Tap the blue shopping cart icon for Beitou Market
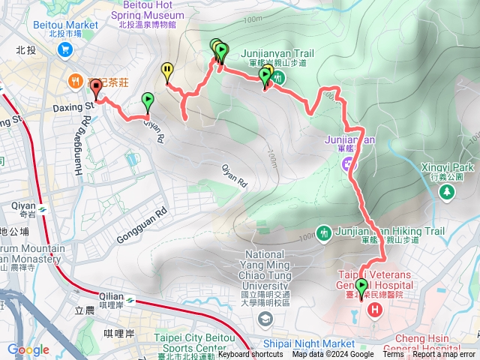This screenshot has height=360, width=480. [x=65, y=49]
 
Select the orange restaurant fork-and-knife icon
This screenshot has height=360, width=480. [x=75, y=80]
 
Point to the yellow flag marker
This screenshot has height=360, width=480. [x=166, y=71]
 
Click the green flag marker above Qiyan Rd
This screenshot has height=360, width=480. [x=148, y=100]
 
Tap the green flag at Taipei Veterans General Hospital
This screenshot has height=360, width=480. [x=362, y=286]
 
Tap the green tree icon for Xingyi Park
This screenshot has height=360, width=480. [x=448, y=193]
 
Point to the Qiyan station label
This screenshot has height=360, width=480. [x=22, y=205]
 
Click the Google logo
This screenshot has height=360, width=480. [x=28, y=349]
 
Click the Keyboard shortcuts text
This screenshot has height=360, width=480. [x=250, y=355]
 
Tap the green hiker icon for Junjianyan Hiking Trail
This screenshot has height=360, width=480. [x=324, y=232]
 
